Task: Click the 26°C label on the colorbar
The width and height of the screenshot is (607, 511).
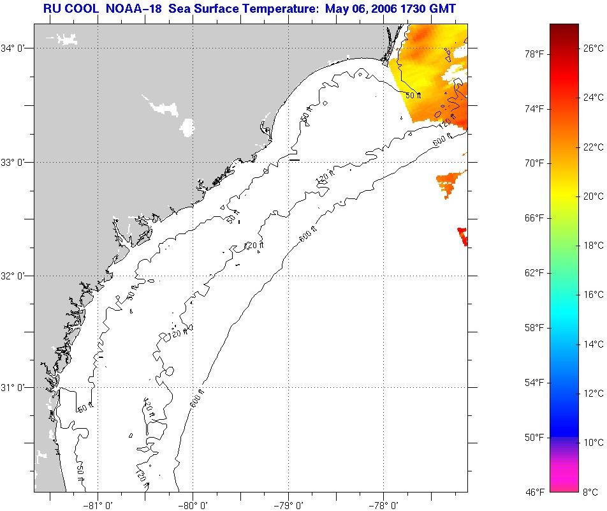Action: click(x=594, y=48)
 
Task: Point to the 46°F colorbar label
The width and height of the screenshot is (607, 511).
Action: click(x=534, y=492)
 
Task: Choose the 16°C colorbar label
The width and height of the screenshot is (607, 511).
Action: click(x=594, y=294)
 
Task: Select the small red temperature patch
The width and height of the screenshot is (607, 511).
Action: click(x=463, y=236)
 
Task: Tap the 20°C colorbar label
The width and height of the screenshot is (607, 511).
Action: click(x=594, y=196)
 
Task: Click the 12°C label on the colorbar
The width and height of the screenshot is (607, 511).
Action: click(x=594, y=393)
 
